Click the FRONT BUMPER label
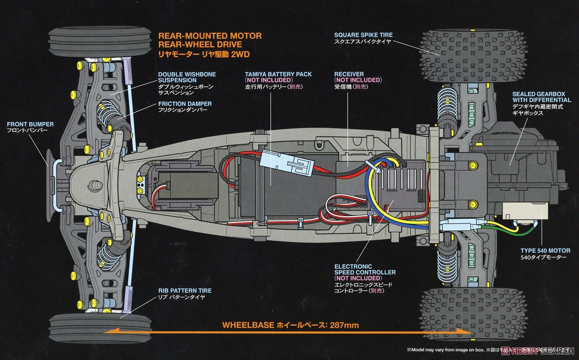[30, 124]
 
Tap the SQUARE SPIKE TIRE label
[363, 35]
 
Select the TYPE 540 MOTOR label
[545, 251]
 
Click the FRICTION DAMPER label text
[184, 104]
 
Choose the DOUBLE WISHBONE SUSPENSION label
[186, 77]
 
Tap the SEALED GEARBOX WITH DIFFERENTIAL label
[542, 97]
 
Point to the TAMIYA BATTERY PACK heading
[278, 74]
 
